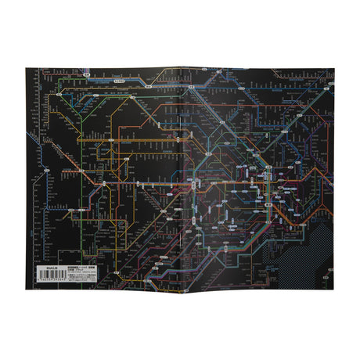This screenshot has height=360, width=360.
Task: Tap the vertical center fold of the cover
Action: tap(181, 180)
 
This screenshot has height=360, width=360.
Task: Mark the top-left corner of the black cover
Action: tap(26, 70)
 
